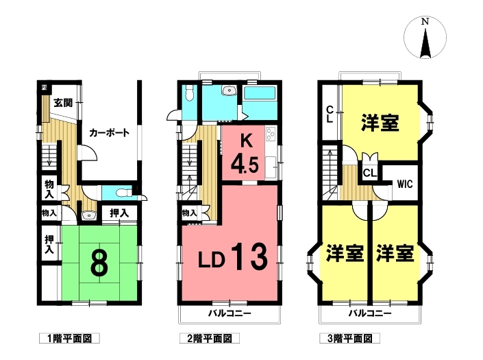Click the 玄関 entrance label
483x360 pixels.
tap(63, 103)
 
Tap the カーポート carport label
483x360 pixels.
tap(109, 133)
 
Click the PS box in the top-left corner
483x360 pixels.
tap(44, 87)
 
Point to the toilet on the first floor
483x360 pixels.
tap(123, 193)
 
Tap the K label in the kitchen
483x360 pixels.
tap(246, 141)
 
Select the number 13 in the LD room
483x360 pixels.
tap(249, 256)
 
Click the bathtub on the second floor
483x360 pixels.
tap(259, 93)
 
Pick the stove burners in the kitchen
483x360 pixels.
tap(271, 134)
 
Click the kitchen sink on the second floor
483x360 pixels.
tap(271, 167)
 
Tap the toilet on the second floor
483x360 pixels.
tap(189, 93)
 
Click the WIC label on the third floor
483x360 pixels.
tap(405, 184)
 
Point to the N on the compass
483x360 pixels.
tap(425, 22)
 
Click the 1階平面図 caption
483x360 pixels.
tap(69, 339)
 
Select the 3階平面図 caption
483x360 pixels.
tap(349, 339)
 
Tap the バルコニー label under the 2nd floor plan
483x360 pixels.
tap(230, 314)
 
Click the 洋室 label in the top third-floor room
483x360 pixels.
tap(380, 123)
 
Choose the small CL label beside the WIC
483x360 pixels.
tap(370, 173)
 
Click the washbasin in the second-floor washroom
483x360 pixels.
tap(229, 91)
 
